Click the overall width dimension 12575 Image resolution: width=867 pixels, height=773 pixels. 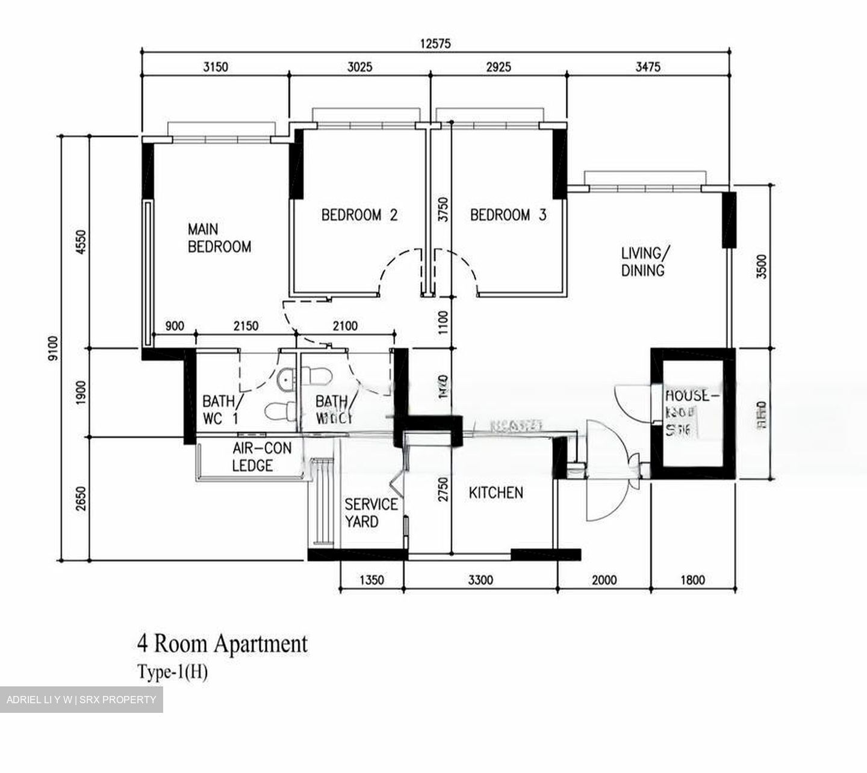pyautogui.click(x=435, y=43)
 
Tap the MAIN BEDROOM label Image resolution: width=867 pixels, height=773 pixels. pyautogui.click(x=219, y=238)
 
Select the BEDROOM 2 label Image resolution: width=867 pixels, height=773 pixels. pyautogui.click(x=359, y=215)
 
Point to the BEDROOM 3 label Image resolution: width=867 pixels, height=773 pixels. pyautogui.click(x=508, y=215)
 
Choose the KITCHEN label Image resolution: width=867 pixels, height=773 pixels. pyautogui.click(x=496, y=493)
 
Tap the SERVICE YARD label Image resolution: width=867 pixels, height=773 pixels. pyautogui.click(x=370, y=513)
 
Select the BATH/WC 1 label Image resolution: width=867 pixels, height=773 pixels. pyautogui.click(x=221, y=410)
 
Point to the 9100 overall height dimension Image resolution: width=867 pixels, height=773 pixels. pyautogui.click(x=52, y=348)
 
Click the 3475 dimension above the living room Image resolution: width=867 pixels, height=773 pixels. pyautogui.click(x=647, y=67)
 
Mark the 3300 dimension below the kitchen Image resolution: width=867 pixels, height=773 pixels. pyautogui.click(x=480, y=580)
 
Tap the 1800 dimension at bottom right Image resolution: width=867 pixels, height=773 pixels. pyautogui.click(x=692, y=580)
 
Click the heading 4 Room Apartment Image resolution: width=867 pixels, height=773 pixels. pyautogui.click(x=222, y=644)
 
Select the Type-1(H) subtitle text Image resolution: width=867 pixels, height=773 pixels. pyautogui.click(x=172, y=671)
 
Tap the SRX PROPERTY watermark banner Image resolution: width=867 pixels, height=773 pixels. pyautogui.click(x=81, y=700)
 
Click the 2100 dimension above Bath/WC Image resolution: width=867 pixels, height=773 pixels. pyautogui.click(x=344, y=326)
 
